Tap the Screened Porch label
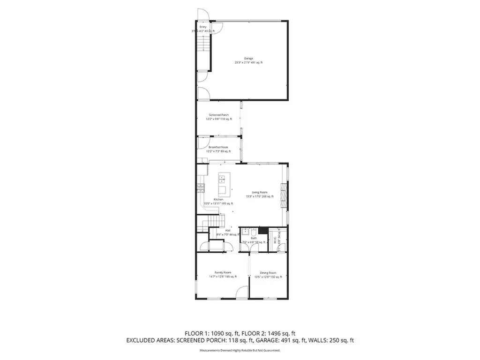pos(218,115)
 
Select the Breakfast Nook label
pos(218,147)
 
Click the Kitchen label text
pos(218,199)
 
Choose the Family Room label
pos(223,272)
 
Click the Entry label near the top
pos(203,27)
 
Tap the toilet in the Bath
pos(253,232)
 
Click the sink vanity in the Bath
pos(244,232)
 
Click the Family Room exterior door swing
pos(240,293)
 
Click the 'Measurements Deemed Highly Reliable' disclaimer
pos(240,350)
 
